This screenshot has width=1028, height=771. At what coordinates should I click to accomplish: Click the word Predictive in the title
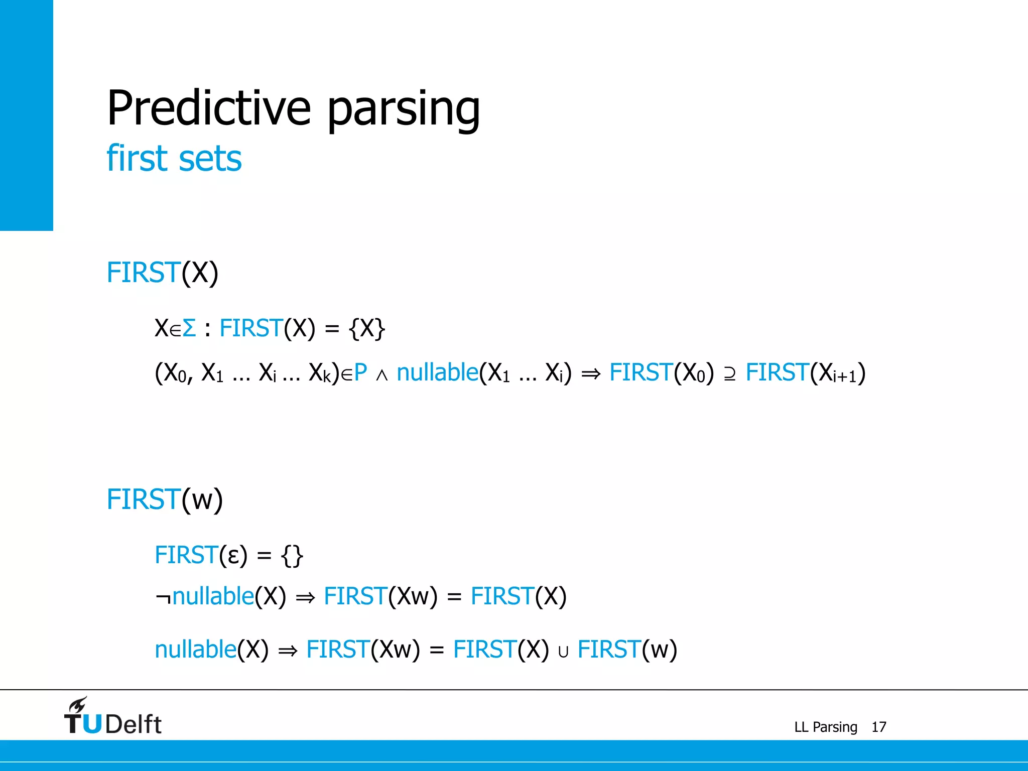209,108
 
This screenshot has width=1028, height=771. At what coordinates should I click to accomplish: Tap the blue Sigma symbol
189,329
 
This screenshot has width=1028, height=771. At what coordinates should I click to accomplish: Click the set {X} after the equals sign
367,329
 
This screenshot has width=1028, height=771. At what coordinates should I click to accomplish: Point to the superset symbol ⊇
730,374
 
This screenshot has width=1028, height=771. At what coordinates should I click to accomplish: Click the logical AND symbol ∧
381,375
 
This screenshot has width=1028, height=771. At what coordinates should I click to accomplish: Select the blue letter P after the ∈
360,373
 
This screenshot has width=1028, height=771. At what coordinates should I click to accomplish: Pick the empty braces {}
292,556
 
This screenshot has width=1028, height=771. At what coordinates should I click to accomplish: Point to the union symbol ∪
563,652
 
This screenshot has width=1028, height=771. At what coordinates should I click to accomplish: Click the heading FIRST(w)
165,500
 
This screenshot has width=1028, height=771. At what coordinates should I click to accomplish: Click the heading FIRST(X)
163,273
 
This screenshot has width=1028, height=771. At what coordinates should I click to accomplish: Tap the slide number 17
878,727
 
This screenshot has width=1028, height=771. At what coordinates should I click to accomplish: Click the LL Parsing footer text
825,727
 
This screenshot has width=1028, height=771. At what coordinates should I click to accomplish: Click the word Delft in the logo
134,724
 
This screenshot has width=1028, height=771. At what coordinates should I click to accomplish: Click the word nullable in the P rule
437,373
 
